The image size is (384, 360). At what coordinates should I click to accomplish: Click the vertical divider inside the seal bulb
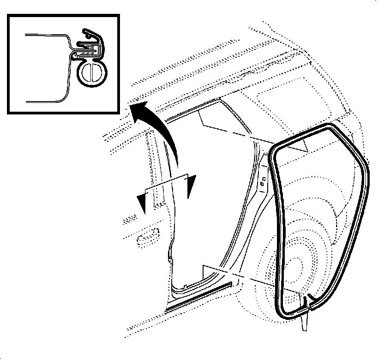pos(92,73)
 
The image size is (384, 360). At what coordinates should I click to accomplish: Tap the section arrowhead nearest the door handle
pos(142,204)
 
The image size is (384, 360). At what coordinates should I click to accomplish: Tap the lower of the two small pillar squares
pos(262,185)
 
